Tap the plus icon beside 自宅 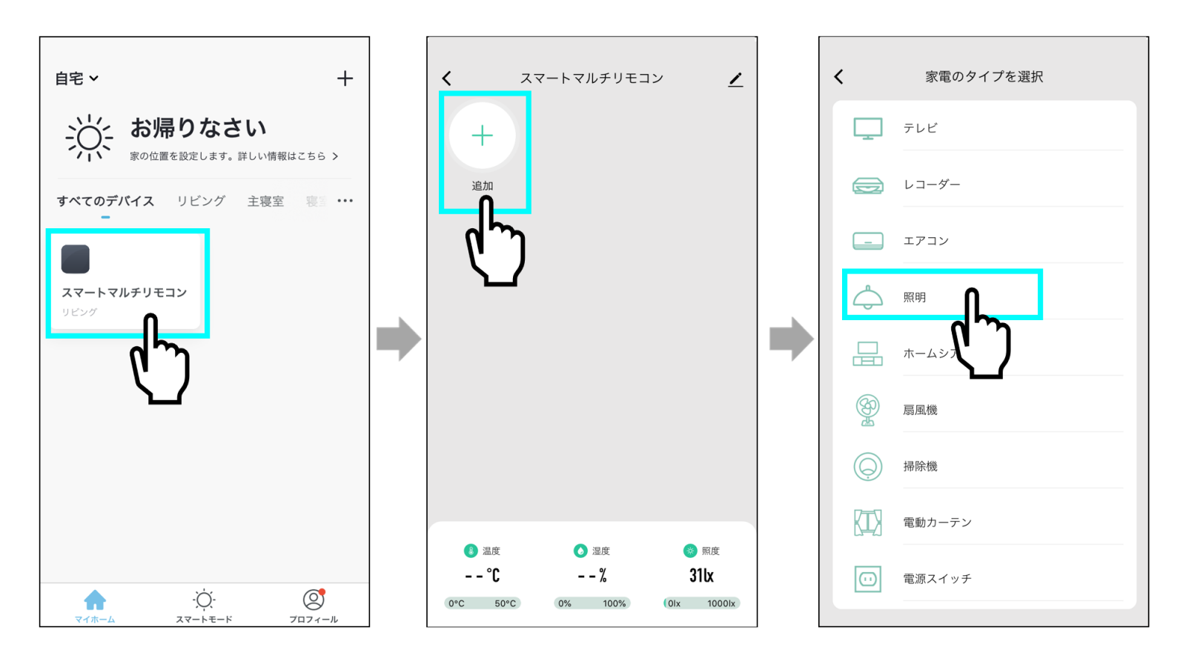click(x=345, y=79)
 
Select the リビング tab click(x=201, y=201)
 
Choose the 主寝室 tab click(x=265, y=201)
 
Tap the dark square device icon click(x=76, y=259)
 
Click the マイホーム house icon click(x=95, y=600)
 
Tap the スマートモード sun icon click(x=204, y=600)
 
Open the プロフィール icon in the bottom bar click(x=314, y=600)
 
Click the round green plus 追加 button click(x=483, y=136)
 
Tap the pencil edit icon click(x=735, y=79)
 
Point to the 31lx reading click(x=701, y=576)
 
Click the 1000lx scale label click(x=720, y=604)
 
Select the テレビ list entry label click(x=920, y=128)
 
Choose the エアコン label click(x=926, y=241)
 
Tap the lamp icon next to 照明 click(x=867, y=297)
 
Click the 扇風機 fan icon click(x=867, y=410)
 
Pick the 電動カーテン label click(x=937, y=522)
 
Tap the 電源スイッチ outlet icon click(x=867, y=579)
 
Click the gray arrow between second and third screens click(x=791, y=339)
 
